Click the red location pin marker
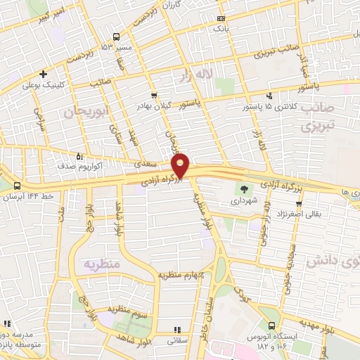pyautogui.click(x=181, y=166)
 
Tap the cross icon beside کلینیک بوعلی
pyautogui.click(x=44, y=74)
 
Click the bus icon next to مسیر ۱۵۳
pyautogui.click(x=117, y=37)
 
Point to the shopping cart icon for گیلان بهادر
pyautogui.click(x=154, y=95)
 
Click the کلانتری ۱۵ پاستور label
pyautogui.click(x=270, y=106)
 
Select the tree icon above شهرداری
pyautogui.click(x=243, y=188)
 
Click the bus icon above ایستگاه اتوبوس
pyautogui.click(x=271, y=326)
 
